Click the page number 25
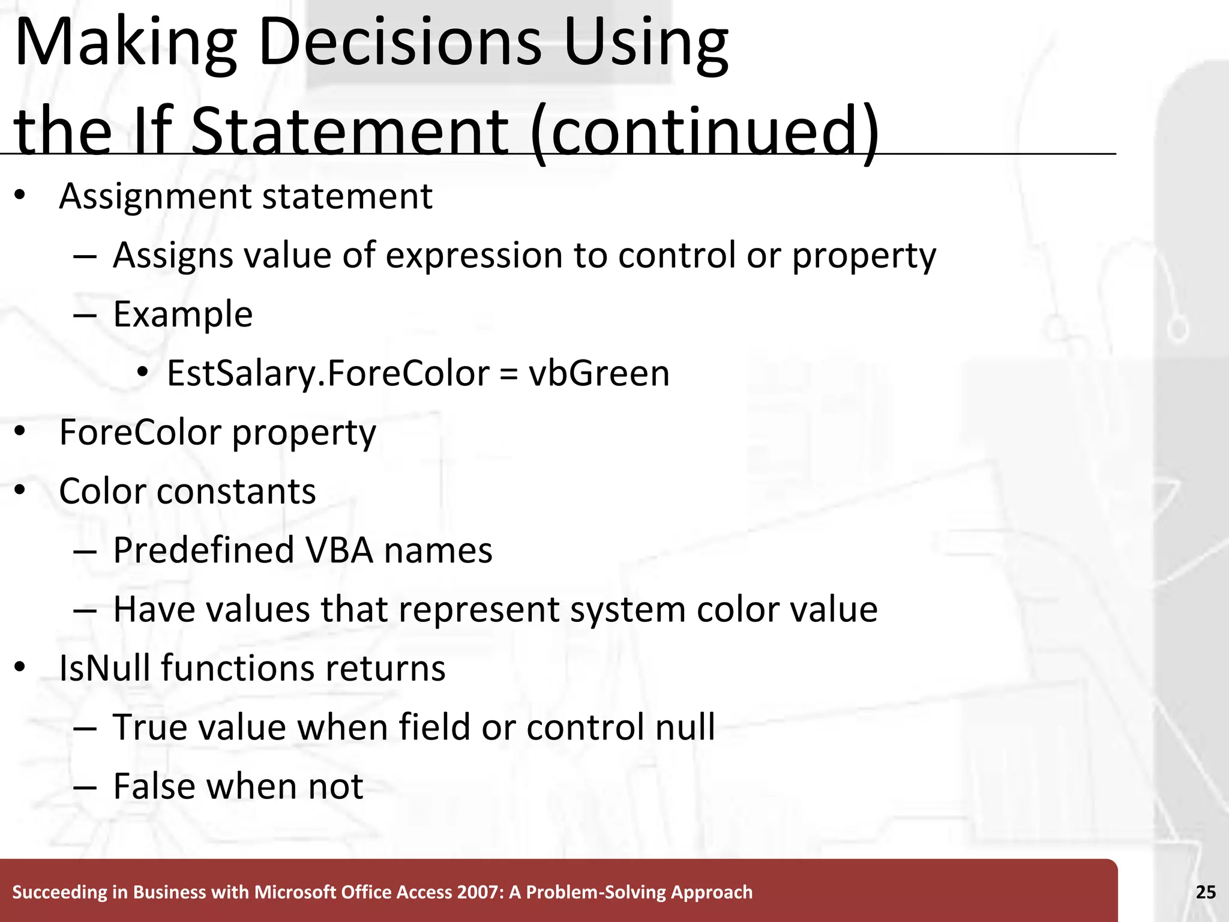coord(1206,892)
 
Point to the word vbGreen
coord(598,373)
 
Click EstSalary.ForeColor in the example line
coord(328,373)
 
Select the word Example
coord(183,315)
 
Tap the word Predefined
coord(203,550)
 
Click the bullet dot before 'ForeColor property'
coord(20,432)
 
